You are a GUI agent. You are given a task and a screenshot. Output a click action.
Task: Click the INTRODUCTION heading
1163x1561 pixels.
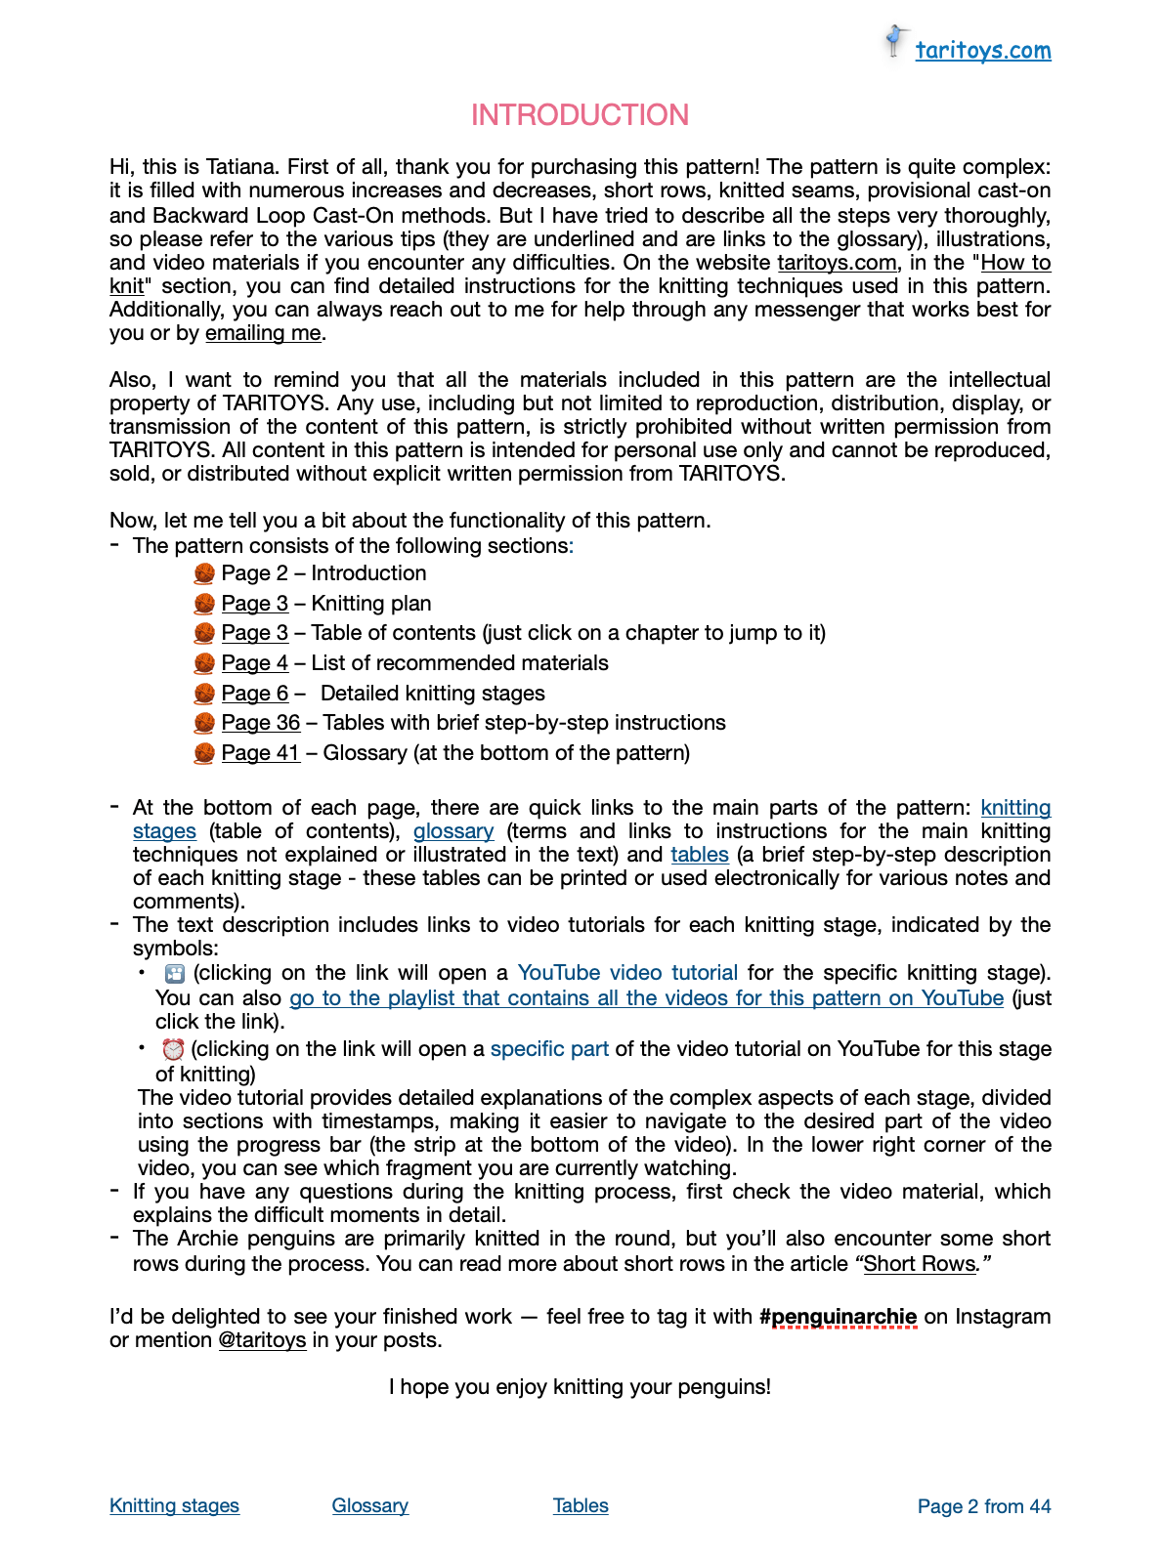click(580, 115)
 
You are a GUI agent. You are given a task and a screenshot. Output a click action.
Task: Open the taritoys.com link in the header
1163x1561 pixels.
click(982, 51)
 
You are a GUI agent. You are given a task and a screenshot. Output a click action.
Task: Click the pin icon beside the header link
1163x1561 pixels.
click(894, 41)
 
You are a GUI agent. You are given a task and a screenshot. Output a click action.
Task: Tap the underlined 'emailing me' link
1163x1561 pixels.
click(263, 333)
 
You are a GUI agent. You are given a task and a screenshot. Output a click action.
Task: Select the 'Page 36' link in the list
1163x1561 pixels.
click(260, 723)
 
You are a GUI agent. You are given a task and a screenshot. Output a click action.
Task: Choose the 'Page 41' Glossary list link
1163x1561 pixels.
click(260, 753)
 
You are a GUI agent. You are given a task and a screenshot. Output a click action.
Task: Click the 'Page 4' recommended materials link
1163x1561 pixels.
click(254, 663)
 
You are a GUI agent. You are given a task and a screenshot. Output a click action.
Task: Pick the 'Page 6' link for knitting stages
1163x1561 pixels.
click(254, 694)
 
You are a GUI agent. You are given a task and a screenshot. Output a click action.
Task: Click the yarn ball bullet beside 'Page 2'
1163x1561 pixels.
click(204, 573)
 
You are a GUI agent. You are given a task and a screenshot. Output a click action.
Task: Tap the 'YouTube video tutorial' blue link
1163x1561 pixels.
click(627, 973)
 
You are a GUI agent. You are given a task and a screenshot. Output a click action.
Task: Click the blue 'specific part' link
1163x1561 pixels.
click(549, 1049)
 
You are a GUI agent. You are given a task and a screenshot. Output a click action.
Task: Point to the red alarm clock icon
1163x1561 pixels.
click(173, 1049)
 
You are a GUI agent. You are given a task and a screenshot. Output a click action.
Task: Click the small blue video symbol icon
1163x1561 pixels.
click(175, 973)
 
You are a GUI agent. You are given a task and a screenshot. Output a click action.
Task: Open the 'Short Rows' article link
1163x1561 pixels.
click(920, 1264)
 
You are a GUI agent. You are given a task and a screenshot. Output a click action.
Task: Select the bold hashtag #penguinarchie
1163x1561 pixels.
click(838, 1317)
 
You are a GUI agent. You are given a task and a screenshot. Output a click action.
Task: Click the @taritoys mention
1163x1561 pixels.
click(262, 1340)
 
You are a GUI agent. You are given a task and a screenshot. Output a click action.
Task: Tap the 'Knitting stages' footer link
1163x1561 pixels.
click(174, 1506)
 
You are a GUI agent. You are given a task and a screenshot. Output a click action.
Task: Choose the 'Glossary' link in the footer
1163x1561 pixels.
click(369, 1506)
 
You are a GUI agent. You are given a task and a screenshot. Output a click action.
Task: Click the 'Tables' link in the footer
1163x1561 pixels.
click(581, 1506)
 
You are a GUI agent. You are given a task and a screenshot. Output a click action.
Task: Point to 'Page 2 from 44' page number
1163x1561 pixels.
click(983, 1506)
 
